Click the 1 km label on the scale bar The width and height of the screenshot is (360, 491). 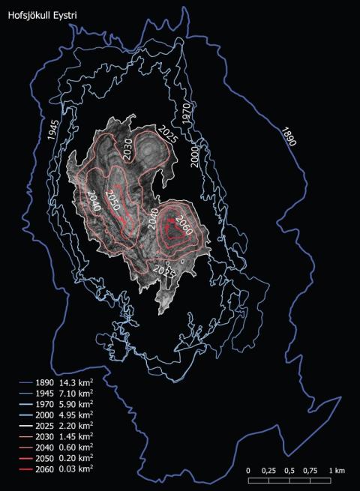[337, 470]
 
